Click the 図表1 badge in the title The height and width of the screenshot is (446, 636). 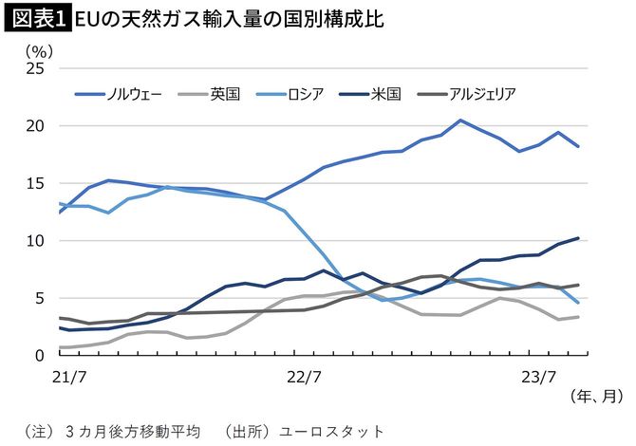pyautogui.click(x=36, y=19)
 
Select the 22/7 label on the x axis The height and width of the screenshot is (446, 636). pyautogui.click(x=304, y=376)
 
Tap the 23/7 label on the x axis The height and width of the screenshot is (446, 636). pyautogui.click(x=540, y=376)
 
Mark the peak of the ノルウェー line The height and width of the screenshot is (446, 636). pyautogui.click(x=460, y=121)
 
